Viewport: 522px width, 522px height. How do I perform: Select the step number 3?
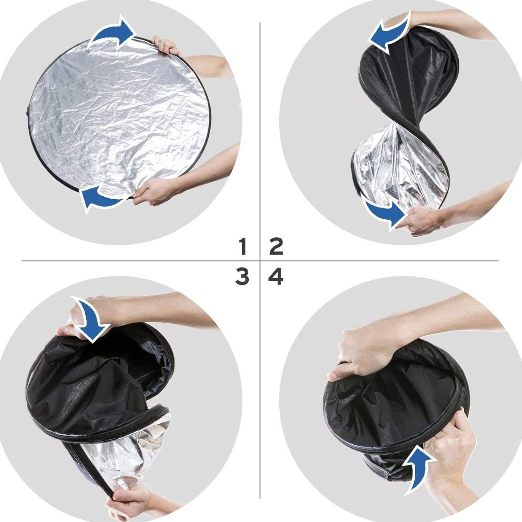coord(242,277)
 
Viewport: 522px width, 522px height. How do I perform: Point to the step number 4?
coord(276,277)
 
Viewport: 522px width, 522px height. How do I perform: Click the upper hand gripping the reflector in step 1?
coord(166,46)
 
